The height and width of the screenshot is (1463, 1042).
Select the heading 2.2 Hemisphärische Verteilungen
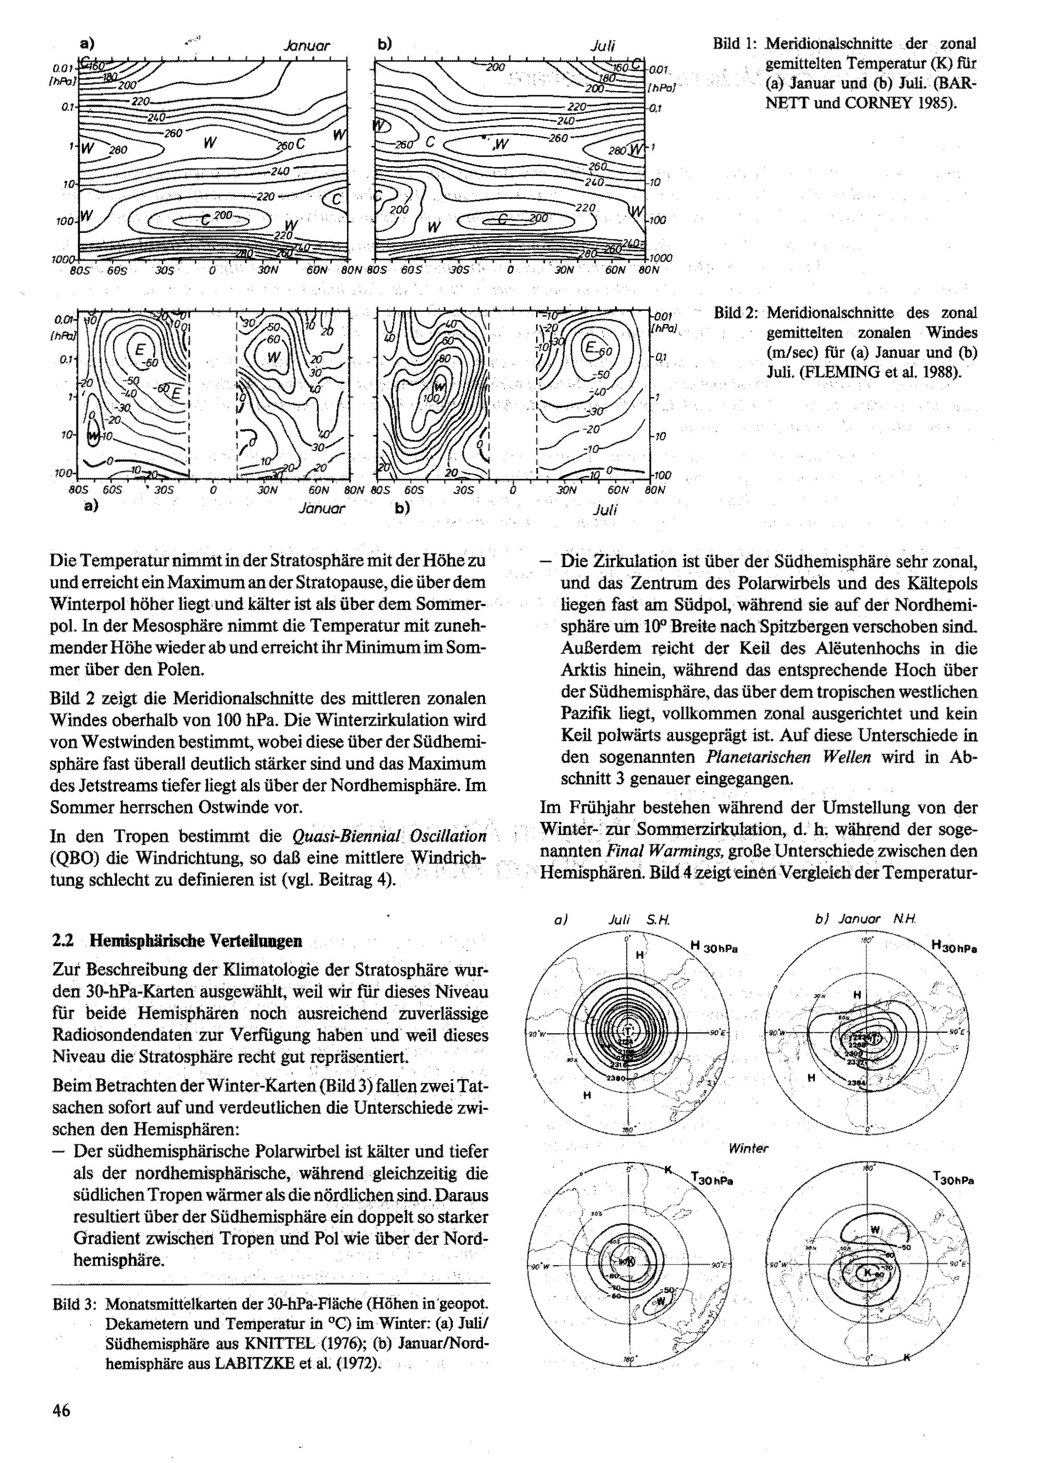click(x=177, y=941)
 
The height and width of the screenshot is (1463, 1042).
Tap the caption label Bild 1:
click(x=734, y=44)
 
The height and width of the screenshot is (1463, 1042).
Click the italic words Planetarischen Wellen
click(x=788, y=757)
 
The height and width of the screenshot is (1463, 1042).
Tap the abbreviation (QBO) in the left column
click(x=71, y=857)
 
